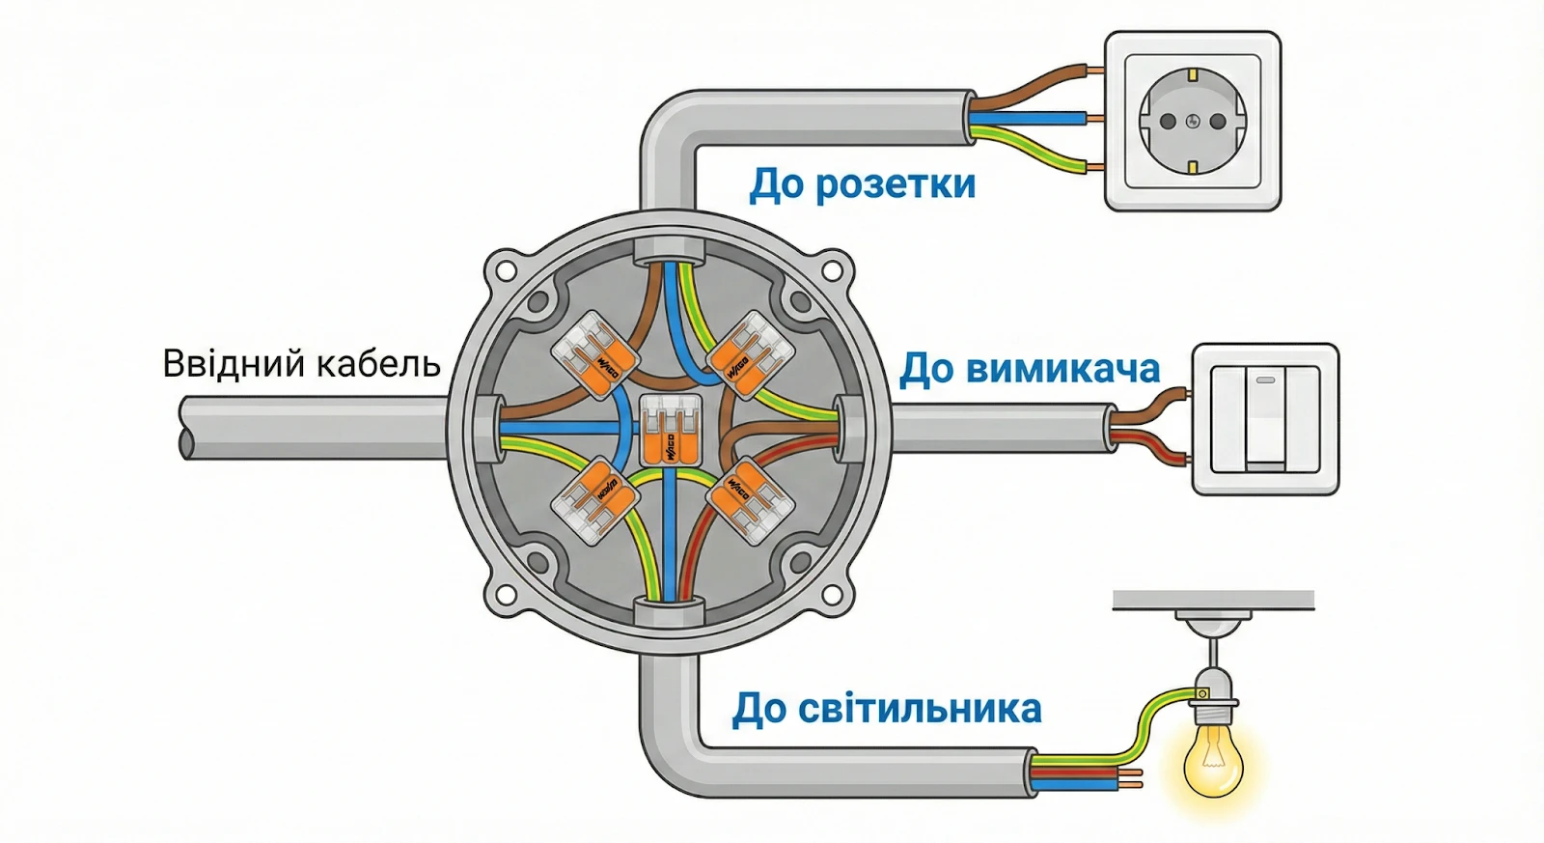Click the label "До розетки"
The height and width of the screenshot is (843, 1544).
point(863,183)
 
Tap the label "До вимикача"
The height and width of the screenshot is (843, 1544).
point(1029,369)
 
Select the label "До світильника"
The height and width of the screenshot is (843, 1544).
point(887,709)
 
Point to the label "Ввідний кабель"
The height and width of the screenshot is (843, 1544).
point(301,364)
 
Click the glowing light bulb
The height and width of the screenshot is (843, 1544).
point(1213,758)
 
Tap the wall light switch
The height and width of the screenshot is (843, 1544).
point(1265,419)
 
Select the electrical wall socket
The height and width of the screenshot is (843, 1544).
point(1193,121)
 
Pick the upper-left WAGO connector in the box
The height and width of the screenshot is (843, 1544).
point(594,355)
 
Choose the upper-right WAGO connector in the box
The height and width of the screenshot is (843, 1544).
point(750,355)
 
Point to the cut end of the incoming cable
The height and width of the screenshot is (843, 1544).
point(185,427)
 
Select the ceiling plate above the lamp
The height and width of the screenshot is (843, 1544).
point(1213,600)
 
